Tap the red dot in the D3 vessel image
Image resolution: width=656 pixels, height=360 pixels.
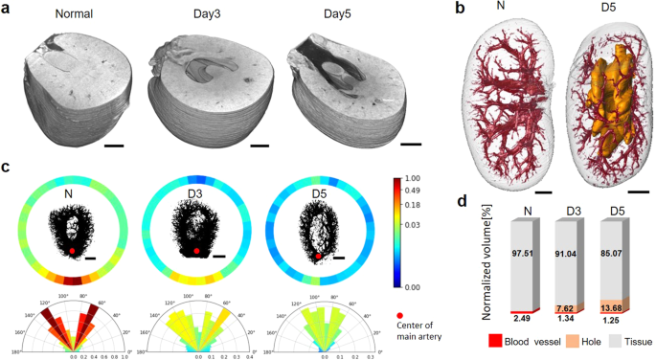[x=196, y=251]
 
